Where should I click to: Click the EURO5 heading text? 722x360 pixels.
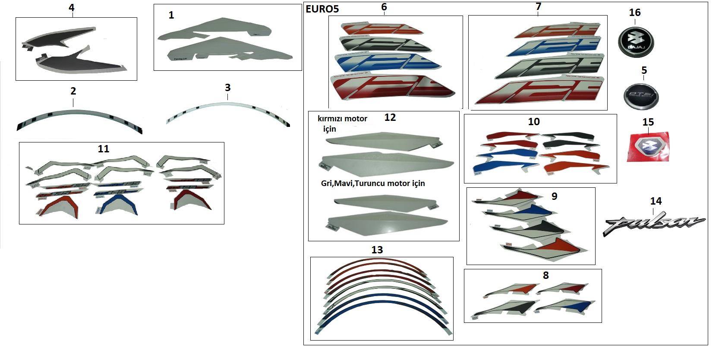pos(322,9)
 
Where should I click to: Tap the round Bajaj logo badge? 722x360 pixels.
pos(636,41)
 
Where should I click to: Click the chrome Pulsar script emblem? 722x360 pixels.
pos(654,224)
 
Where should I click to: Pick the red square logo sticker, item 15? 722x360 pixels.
pos(648,147)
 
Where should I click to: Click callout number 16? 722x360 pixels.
pos(634,13)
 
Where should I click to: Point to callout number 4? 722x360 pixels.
pos(71,7)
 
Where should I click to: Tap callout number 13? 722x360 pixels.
pos(377,250)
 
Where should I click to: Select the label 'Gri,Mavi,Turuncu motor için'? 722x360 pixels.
pos(373,183)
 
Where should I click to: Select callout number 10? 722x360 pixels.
pos(534,122)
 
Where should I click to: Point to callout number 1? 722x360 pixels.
pos(171,15)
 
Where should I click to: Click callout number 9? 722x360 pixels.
pos(554,196)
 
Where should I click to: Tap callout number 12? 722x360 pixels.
pos(390,117)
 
